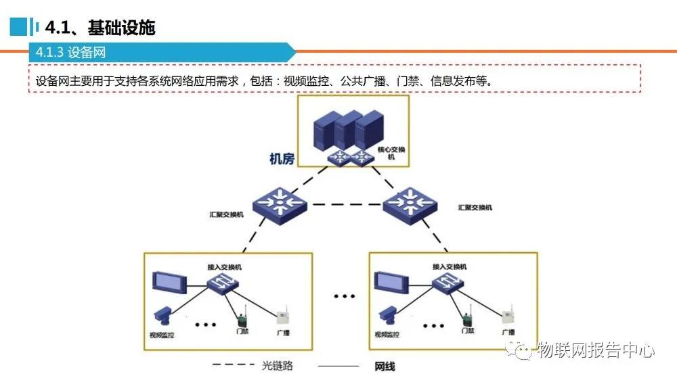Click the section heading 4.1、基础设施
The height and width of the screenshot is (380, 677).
tap(100, 28)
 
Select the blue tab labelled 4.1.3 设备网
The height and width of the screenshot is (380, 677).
tap(71, 53)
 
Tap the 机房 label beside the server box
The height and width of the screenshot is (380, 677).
tap(282, 160)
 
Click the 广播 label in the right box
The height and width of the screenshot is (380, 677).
tap(508, 332)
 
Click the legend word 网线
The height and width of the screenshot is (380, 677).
tap(385, 366)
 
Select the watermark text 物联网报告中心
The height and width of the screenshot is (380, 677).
tap(595, 350)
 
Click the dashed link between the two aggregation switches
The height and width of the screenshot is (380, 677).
tap(345, 204)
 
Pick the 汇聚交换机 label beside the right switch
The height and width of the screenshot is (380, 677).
tap(475, 207)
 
